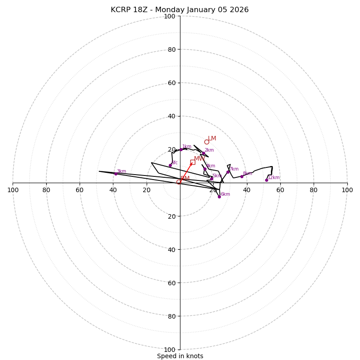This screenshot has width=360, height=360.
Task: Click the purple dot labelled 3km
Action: (x=116, y=174)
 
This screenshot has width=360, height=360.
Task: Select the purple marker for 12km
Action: (x=266, y=180)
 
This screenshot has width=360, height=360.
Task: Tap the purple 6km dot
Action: (x=219, y=197)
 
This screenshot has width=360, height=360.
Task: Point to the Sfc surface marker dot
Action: (x=170, y=165)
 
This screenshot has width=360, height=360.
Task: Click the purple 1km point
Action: (x=181, y=149)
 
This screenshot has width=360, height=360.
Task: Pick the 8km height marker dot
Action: (x=242, y=176)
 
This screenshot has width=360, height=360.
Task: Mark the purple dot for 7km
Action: (x=228, y=172)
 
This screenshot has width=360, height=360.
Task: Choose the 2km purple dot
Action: (x=203, y=153)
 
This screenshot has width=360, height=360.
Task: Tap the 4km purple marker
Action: (x=205, y=169)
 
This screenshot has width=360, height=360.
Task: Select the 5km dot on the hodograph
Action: (x=211, y=179)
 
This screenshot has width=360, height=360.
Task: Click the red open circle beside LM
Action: (x=207, y=142)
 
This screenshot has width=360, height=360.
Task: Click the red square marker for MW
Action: (x=193, y=162)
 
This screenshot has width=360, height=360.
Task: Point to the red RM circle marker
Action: (x=179, y=182)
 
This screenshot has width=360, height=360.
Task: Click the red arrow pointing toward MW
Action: (x=186, y=172)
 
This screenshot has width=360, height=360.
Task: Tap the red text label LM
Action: (x=212, y=139)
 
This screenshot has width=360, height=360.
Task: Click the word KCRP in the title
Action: (x=120, y=10)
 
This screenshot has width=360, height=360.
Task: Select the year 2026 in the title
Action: (x=239, y=10)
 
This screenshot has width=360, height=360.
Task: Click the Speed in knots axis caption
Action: (x=180, y=356)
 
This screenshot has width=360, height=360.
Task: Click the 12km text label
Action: (x=274, y=178)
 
